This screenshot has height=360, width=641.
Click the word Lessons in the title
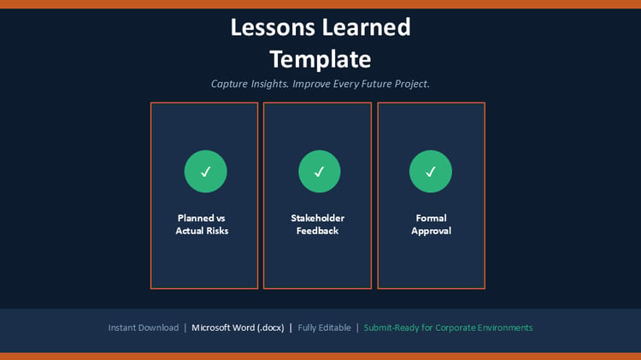point(273,27)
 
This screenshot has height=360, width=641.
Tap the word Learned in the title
point(366,27)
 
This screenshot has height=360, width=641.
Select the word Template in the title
point(320,60)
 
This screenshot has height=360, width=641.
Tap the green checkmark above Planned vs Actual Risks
point(206,171)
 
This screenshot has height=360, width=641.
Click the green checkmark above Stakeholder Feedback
point(320,171)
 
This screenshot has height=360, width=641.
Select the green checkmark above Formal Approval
point(431,171)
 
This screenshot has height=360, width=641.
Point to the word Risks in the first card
point(217,231)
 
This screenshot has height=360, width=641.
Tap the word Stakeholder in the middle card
point(318,218)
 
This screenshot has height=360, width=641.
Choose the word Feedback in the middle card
point(318,231)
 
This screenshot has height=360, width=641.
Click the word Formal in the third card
point(431,218)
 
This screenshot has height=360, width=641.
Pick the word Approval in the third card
point(432,231)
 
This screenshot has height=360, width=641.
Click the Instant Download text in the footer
point(144,328)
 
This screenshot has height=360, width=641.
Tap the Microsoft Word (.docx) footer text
point(238,328)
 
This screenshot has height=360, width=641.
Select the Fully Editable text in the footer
point(324,328)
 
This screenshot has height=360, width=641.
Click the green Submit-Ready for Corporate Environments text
point(448,328)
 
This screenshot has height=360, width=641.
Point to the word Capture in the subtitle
point(229,84)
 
